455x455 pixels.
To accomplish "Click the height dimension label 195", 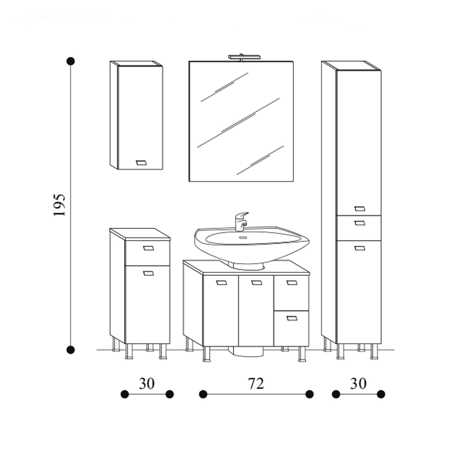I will tap(59, 205).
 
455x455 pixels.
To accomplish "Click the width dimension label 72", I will tap(256, 384).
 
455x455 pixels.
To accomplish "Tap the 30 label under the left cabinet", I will tap(147, 384).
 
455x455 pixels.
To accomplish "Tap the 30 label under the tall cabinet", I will tap(358, 384).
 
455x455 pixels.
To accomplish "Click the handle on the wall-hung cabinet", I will tap(141, 163).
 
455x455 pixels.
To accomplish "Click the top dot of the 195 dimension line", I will tap(70, 61).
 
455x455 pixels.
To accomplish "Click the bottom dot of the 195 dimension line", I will tap(70, 350).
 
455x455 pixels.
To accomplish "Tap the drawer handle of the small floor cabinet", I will tap(148, 248).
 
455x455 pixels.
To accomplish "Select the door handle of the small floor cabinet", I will tap(148, 273).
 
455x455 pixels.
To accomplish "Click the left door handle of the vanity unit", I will tap(221, 283).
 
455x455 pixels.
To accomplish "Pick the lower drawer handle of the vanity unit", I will tap(292, 318).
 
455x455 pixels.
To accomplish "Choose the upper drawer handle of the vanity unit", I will tap(292, 283).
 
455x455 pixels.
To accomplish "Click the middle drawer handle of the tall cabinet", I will tap(359, 223).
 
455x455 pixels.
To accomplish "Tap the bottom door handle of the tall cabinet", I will tap(359, 248).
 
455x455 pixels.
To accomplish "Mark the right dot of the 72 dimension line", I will tap(309, 394).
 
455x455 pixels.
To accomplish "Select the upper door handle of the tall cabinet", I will tap(359, 209).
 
